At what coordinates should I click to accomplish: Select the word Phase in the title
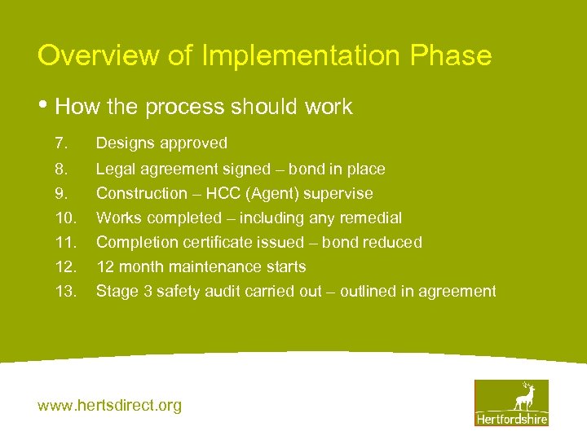[451, 55]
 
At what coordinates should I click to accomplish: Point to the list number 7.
[60, 143]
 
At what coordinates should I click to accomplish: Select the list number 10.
[64, 218]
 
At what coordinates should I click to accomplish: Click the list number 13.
[64, 291]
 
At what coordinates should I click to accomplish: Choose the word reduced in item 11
[394, 242]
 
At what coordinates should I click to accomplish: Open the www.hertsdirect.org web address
[110, 405]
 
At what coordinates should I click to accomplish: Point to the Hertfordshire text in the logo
[512, 419]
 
